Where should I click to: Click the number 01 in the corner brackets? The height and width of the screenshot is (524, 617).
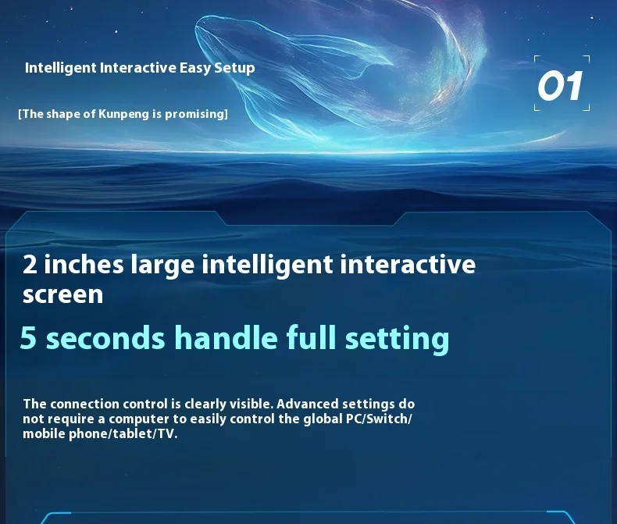559,85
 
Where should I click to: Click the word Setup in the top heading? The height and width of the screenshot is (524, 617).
234,68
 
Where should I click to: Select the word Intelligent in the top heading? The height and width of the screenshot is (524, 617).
60,68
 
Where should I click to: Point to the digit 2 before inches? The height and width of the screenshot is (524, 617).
30,265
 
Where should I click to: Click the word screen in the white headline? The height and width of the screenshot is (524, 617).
63,295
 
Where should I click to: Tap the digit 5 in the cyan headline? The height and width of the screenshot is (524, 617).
28,337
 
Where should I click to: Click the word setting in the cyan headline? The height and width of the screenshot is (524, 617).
397,340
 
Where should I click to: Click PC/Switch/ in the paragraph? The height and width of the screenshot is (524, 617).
379,419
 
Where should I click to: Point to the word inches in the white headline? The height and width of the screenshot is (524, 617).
84,264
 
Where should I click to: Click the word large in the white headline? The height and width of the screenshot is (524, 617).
162,266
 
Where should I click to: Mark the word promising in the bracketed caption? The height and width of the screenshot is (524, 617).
196,114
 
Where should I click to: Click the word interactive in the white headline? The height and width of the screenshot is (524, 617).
408,264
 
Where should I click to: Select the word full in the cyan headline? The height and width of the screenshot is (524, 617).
311,337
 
